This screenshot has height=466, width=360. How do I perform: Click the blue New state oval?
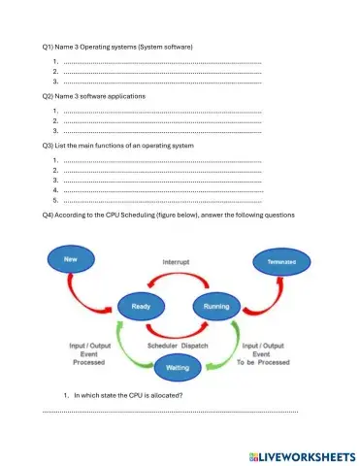[70, 260]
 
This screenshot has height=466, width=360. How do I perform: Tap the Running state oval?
[216, 307]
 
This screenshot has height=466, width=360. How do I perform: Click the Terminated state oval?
[282, 261]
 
